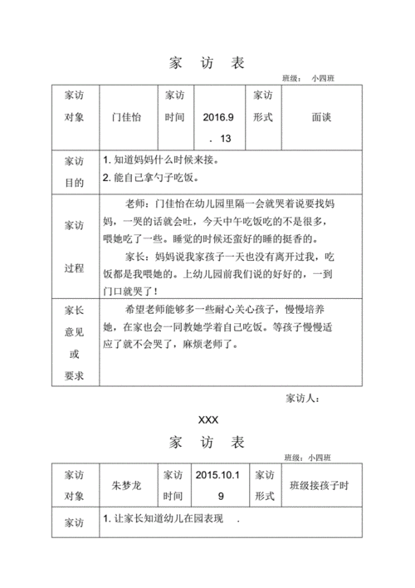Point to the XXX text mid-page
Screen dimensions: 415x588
(x=207, y=421)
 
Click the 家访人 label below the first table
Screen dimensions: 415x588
(x=302, y=399)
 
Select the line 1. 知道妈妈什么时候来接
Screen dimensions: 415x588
(x=162, y=159)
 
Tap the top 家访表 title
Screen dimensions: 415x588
(x=207, y=64)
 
